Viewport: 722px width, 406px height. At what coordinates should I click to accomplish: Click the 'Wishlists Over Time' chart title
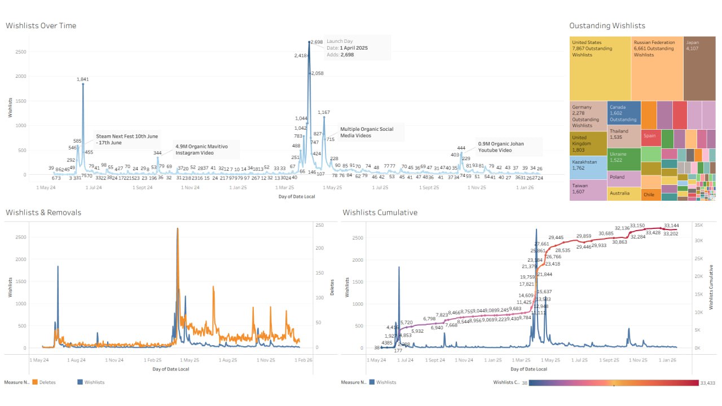point(41,25)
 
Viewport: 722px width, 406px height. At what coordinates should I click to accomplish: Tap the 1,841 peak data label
point(83,80)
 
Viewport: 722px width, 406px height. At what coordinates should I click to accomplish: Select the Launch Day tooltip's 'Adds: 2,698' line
point(340,55)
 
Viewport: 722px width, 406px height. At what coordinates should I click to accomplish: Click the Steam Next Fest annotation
point(127,139)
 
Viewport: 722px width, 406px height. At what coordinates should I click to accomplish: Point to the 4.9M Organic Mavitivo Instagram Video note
point(206,149)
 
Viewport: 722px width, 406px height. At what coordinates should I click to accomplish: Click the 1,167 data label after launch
point(324,112)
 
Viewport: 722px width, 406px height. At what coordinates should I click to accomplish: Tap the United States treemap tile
point(600,68)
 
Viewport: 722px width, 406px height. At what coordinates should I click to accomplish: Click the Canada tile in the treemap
point(623,112)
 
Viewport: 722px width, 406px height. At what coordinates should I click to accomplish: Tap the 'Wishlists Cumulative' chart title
point(380,213)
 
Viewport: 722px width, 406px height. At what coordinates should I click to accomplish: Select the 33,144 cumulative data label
point(671,225)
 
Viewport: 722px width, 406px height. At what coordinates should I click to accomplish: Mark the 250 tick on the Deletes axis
point(320,226)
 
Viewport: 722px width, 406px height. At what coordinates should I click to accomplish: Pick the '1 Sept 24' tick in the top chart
point(143,187)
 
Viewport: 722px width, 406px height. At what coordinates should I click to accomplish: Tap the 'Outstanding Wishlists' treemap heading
point(607,25)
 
